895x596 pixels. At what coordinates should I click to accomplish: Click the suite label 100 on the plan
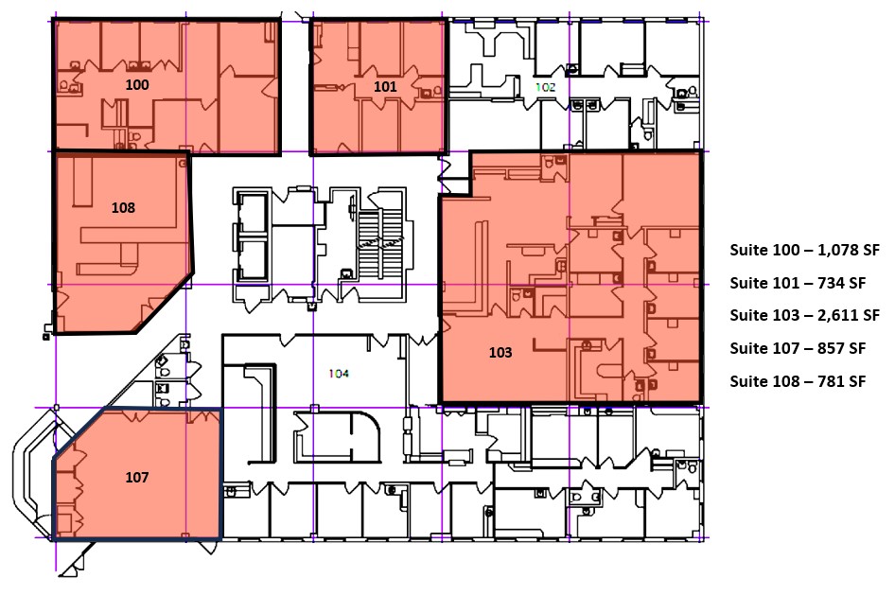(x=137, y=85)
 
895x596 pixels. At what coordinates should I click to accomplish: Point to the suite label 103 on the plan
(x=500, y=353)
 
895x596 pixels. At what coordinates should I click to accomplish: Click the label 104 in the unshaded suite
(x=340, y=374)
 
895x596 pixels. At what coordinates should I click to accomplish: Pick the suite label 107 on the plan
(x=137, y=478)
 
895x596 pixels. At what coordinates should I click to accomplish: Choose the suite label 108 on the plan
(x=123, y=208)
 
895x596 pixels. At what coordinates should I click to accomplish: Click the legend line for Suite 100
(x=804, y=251)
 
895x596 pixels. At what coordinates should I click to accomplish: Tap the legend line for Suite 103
(x=804, y=315)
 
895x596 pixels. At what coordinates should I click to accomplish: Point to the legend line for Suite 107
(x=798, y=348)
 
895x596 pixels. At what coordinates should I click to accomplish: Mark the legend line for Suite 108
(x=798, y=381)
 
